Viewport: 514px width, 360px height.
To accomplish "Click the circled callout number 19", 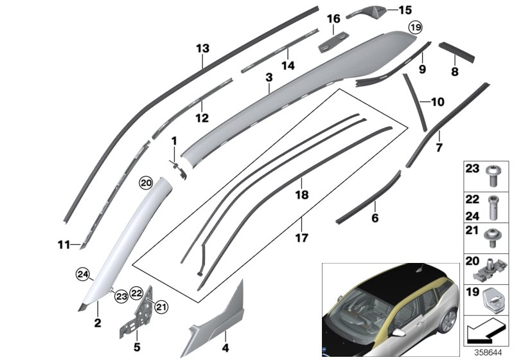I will click(416, 27).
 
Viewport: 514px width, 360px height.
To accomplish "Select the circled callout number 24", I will click(82, 275).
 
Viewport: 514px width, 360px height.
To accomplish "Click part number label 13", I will click(202, 49).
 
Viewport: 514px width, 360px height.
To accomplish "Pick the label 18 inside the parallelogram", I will click(297, 194).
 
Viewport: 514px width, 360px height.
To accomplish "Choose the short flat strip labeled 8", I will click(456, 51).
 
